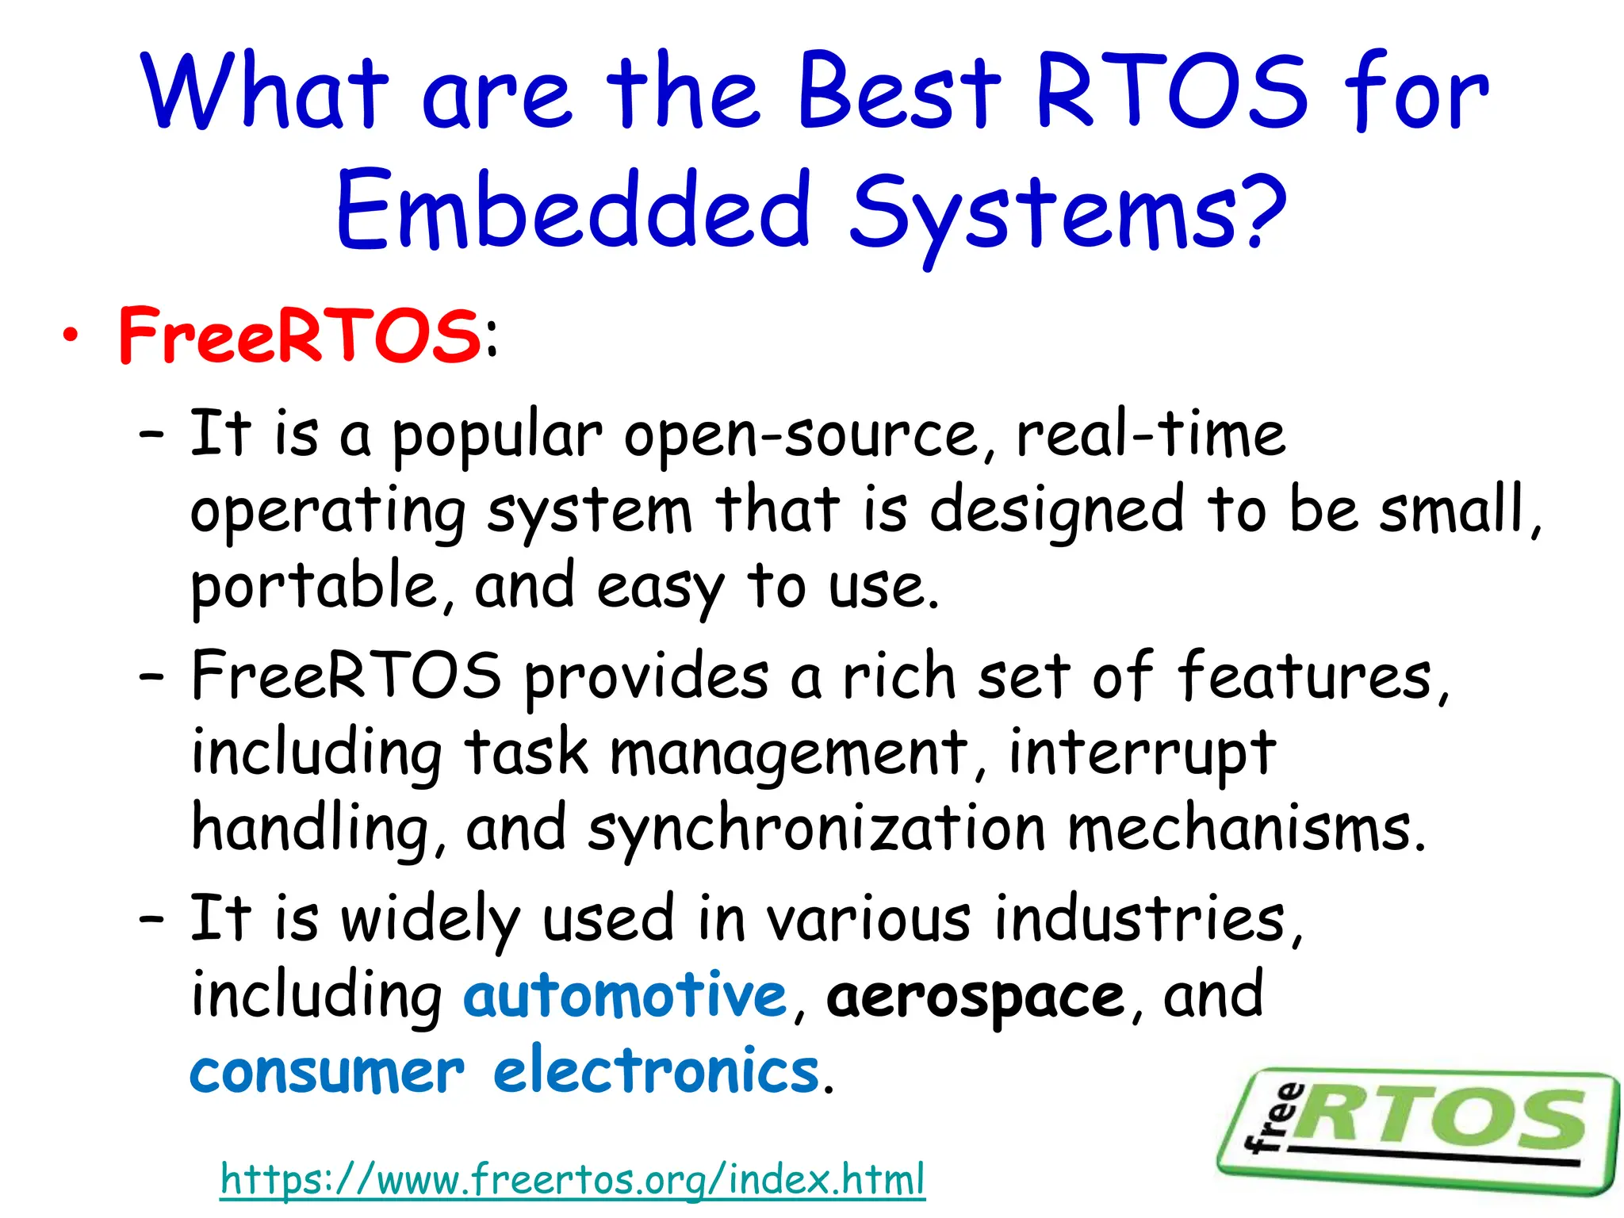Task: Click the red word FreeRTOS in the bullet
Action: pyautogui.click(x=299, y=336)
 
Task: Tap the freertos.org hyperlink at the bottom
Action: pyautogui.click(x=573, y=1179)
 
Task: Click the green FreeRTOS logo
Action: pyautogui.click(x=1419, y=1130)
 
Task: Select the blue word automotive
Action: pyautogui.click(x=624, y=996)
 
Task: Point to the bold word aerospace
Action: pyautogui.click(x=975, y=998)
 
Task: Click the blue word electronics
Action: pyautogui.click(x=657, y=1072)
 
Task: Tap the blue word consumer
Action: pyautogui.click(x=327, y=1072)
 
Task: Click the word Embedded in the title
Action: pyautogui.click(x=574, y=213)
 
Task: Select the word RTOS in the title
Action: pyautogui.click(x=1171, y=93)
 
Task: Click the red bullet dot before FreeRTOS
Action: pyautogui.click(x=71, y=336)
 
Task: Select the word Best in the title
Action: pyautogui.click(x=900, y=93)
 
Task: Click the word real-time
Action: pyautogui.click(x=1150, y=435)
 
